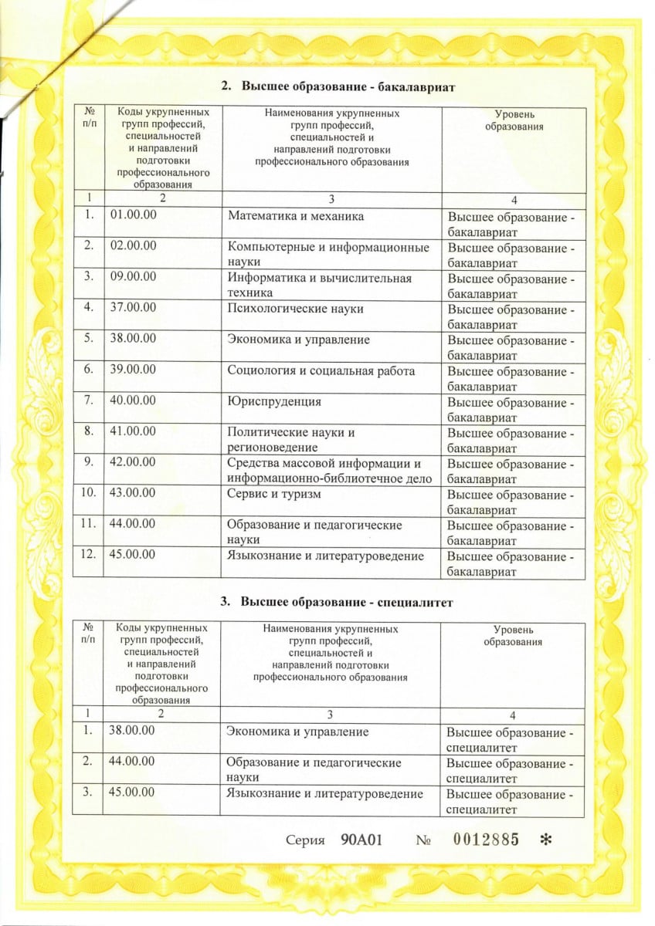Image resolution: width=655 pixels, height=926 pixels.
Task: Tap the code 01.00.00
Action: coord(134,216)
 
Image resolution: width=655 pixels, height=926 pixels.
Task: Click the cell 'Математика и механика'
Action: coord(295,216)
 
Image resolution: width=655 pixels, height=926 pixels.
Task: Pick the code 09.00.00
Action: coord(134,278)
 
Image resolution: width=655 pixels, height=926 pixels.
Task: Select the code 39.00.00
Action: coord(134,370)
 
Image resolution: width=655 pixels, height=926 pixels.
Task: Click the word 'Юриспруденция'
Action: coord(274,401)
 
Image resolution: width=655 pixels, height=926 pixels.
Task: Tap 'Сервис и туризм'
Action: coord(273,494)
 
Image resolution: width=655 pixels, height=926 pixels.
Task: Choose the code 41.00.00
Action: coord(134,432)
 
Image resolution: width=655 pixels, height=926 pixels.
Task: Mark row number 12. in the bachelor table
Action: coord(87,556)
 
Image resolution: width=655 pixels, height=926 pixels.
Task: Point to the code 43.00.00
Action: coord(134,494)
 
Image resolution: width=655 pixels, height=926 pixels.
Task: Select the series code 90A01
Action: coord(362,840)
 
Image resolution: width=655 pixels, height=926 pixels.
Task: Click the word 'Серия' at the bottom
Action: coord(304,840)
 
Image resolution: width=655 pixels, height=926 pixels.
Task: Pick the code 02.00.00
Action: coord(134,247)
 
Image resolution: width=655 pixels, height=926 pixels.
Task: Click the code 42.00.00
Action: coord(134,463)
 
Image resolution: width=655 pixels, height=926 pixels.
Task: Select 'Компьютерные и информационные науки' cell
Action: coord(328,255)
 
